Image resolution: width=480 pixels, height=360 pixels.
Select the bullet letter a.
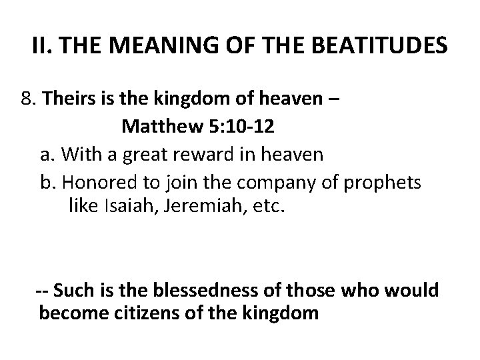pos(47,155)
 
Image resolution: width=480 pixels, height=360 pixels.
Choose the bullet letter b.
pos(47,182)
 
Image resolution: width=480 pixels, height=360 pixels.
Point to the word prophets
pos(389,182)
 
